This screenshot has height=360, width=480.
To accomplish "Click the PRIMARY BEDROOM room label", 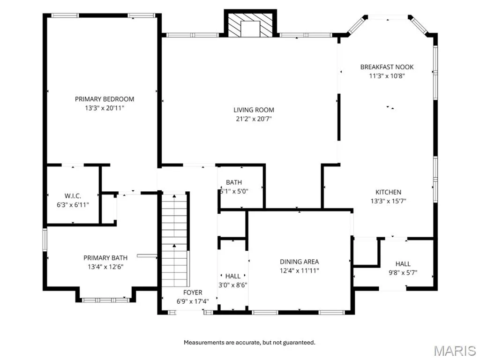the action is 105,99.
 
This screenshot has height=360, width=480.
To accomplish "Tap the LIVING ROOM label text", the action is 254,110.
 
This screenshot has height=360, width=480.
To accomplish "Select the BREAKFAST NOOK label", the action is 387,67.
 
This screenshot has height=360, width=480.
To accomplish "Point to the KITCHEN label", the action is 388,192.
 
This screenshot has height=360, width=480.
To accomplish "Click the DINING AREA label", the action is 300,262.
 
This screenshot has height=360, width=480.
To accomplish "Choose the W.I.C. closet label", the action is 73,196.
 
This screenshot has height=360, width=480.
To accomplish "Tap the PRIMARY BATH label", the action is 105,258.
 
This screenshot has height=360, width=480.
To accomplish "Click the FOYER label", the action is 193,292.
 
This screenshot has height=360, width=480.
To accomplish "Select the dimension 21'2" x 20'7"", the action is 254,119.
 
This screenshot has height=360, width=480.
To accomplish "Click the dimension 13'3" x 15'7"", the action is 388,201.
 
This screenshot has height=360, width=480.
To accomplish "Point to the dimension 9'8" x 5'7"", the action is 403,273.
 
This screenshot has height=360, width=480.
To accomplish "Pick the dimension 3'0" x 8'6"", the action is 232,285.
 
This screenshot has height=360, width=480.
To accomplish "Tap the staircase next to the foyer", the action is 174,240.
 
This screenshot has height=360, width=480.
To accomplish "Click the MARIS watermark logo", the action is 455,351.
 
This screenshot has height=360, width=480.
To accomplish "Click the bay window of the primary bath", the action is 105,300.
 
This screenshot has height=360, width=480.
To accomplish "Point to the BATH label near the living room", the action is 234,182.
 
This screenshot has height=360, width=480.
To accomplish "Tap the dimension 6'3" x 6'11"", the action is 73,205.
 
